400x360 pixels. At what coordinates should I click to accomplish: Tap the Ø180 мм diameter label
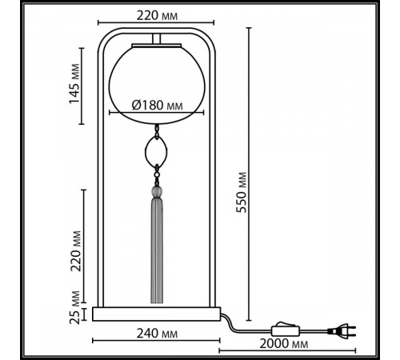click(x=156, y=105)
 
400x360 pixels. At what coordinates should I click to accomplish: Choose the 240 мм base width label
click(x=157, y=333)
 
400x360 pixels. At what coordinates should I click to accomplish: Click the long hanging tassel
click(x=157, y=248)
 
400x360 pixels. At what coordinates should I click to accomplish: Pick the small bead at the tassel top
click(x=157, y=192)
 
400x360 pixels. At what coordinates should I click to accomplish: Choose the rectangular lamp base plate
click(x=157, y=312)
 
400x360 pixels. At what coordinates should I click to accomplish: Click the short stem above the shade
click(x=157, y=39)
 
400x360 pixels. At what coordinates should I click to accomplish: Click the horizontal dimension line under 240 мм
click(x=157, y=342)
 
